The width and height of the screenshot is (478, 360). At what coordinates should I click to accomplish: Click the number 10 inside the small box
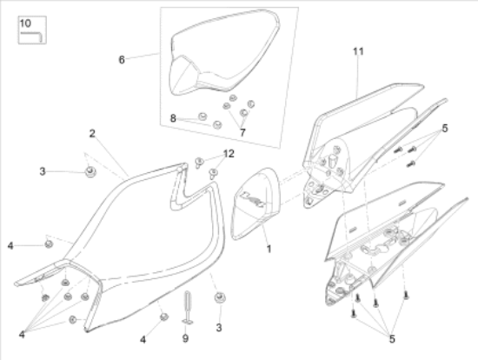25,23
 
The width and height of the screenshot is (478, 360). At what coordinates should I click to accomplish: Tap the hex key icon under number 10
31,37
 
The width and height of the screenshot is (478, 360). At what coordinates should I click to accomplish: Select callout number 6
122,59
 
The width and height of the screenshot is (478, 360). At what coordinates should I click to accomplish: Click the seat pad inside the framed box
224,52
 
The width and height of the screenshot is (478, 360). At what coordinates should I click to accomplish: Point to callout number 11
358,51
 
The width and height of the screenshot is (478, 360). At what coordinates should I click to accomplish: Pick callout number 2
92,133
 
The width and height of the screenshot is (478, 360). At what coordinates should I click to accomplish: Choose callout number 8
173,118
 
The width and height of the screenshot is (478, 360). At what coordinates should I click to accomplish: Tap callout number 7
242,132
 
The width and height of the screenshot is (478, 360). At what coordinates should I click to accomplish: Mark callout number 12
229,153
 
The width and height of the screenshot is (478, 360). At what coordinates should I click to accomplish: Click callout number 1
269,249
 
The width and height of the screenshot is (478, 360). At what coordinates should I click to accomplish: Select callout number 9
185,338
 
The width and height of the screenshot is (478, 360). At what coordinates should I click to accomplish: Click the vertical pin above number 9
187,308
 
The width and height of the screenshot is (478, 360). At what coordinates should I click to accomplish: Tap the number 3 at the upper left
43,171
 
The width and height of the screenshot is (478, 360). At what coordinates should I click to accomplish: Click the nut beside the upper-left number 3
90,172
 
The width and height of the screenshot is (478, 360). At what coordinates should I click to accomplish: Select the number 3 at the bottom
218,328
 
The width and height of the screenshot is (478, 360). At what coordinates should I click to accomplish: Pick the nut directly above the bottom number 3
220,297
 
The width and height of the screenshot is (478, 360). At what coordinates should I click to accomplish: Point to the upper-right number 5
445,129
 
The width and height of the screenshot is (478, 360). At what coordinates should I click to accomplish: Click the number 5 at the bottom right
392,339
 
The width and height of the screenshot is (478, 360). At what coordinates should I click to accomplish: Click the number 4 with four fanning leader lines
22,335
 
